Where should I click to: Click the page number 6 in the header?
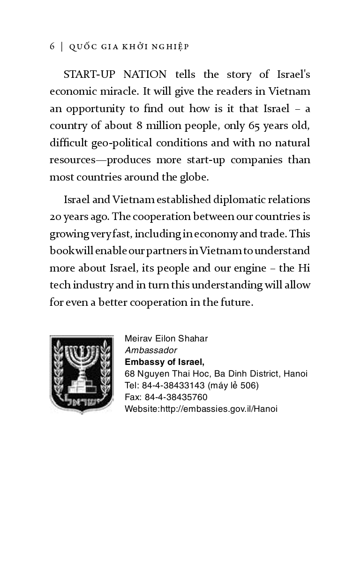point(52,46)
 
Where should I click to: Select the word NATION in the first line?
point(145,75)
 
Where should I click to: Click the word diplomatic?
point(239,200)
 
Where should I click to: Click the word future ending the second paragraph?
point(236,302)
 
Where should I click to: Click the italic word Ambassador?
point(151,350)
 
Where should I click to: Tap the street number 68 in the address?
point(130,374)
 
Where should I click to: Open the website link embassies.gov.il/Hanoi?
point(218,409)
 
